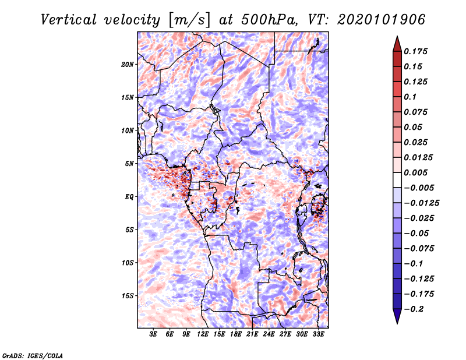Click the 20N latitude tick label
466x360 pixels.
pos(128,65)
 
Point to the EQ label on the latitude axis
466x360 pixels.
pos(129,197)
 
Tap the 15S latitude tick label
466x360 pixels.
pos(128,296)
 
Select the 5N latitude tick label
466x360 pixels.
pos(129,164)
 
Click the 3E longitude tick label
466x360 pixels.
pos(153,334)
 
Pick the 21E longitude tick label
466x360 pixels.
pos(252,334)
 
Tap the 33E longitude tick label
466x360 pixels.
pos(318,334)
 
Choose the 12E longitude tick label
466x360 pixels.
pos(202,334)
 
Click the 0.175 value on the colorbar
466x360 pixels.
pos(415,51)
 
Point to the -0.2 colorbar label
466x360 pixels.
pos(414,309)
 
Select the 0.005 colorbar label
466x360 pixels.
pos(415,172)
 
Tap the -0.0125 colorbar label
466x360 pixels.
pos(421,203)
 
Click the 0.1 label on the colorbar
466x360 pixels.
pos(410,97)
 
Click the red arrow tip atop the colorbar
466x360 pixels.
pos(397,37)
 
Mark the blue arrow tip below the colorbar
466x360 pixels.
pos(397,323)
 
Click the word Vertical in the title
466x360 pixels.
pos(69,20)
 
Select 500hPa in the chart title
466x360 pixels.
pos(269,20)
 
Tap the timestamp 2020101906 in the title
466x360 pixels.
pos(382,20)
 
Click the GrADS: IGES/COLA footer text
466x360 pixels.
pos(33,355)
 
